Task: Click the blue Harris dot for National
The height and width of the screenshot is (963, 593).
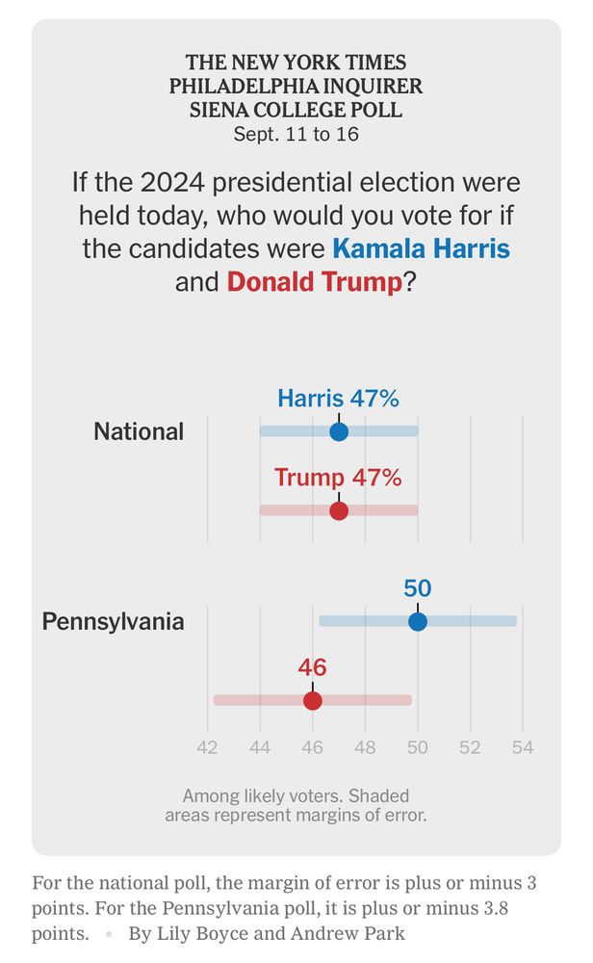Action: (x=339, y=430)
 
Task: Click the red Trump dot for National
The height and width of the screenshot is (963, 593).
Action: (x=339, y=509)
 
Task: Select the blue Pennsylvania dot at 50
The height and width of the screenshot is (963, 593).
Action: (x=418, y=621)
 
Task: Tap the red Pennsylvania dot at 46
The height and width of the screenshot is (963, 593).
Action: (x=313, y=700)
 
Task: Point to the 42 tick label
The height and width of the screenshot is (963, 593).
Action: (x=207, y=747)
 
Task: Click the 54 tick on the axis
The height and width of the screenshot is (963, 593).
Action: (x=523, y=747)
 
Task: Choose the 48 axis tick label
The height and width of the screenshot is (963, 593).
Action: (x=365, y=747)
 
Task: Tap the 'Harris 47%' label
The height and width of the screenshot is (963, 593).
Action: (x=338, y=398)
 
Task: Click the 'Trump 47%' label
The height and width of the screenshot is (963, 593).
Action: (x=338, y=477)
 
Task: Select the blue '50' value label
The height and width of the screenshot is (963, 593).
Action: (x=417, y=588)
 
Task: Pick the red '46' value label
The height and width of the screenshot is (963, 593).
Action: (x=312, y=667)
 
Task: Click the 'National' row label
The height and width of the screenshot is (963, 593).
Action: (x=139, y=431)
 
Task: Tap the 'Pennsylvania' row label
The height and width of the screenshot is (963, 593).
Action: (x=113, y=621)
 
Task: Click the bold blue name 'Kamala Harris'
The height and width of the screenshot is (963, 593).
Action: (x=421, y=248)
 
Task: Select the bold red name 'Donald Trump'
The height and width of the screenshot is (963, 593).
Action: (x=314, y=282)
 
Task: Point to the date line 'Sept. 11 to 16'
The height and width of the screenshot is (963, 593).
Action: (x=296, y=134)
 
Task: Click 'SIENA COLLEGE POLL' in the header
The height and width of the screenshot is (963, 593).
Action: (x=296, y=110)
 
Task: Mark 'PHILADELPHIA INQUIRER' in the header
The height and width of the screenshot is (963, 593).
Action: (x=296, y=86)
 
